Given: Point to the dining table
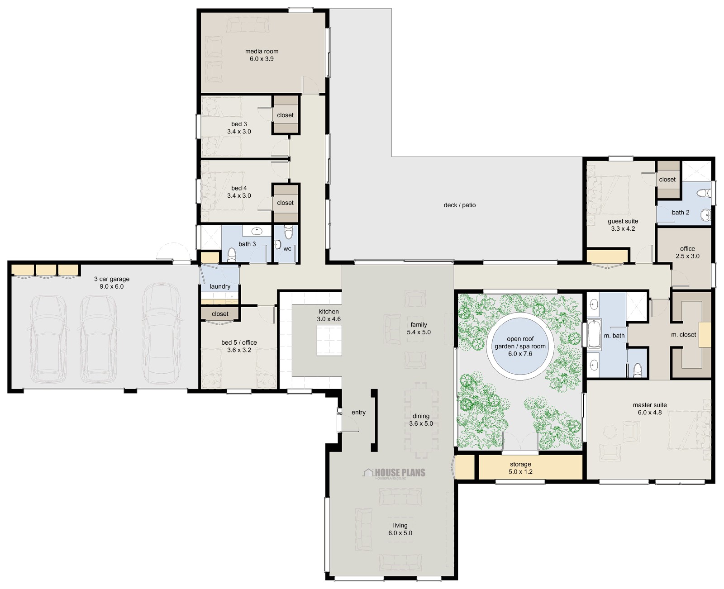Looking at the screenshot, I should [421, 420].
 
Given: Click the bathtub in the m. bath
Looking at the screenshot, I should [594, 335].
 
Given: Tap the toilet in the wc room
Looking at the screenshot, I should [288, 233].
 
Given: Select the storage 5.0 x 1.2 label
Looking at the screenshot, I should [520, 468].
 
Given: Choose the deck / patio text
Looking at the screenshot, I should [459, 205].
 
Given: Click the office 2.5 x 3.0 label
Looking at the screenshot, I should [687, 252].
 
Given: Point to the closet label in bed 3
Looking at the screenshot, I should [285, 115].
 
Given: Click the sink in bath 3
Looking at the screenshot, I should [257, 231].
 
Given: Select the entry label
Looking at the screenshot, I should [358, 412].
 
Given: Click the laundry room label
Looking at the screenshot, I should [220, 286].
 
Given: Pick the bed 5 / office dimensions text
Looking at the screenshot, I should [239, 350].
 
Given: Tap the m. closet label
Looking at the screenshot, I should [683, 335].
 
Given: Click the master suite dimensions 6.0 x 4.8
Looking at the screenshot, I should [649, 413].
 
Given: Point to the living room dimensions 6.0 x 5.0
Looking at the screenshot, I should [400, 533].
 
